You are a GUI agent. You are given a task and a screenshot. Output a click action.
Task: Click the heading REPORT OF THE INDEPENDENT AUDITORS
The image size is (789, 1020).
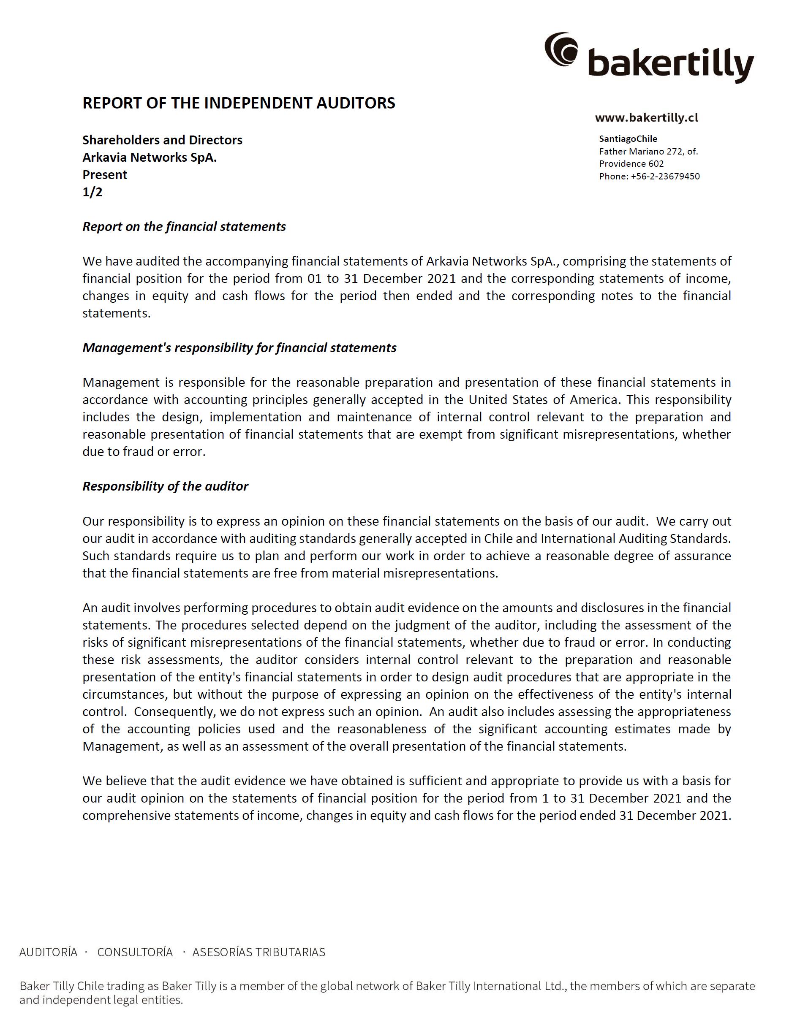[239, 103]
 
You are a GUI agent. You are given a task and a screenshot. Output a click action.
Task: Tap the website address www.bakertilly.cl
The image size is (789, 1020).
[647, 118]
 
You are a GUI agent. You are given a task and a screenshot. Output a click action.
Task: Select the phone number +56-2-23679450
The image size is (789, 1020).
[665, 176]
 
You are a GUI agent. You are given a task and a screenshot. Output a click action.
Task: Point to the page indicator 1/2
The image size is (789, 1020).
[93, 192]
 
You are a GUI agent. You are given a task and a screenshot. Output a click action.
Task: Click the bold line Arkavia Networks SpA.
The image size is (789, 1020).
[150, 157]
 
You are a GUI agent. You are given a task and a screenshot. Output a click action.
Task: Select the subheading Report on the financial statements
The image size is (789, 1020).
[184, 227]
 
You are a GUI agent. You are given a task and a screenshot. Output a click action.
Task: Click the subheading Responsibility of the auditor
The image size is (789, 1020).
[166, 486]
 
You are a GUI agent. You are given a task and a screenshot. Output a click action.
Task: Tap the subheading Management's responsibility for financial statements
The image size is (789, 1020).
[239, 347]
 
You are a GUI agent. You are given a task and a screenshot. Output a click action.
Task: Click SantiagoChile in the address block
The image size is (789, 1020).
[628, 139]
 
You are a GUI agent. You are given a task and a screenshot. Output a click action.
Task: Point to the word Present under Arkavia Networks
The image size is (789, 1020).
[105, 175]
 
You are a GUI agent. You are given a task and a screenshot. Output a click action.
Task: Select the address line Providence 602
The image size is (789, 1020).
[631, 164]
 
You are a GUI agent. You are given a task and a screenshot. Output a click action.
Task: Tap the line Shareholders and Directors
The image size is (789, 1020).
[162, 140]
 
